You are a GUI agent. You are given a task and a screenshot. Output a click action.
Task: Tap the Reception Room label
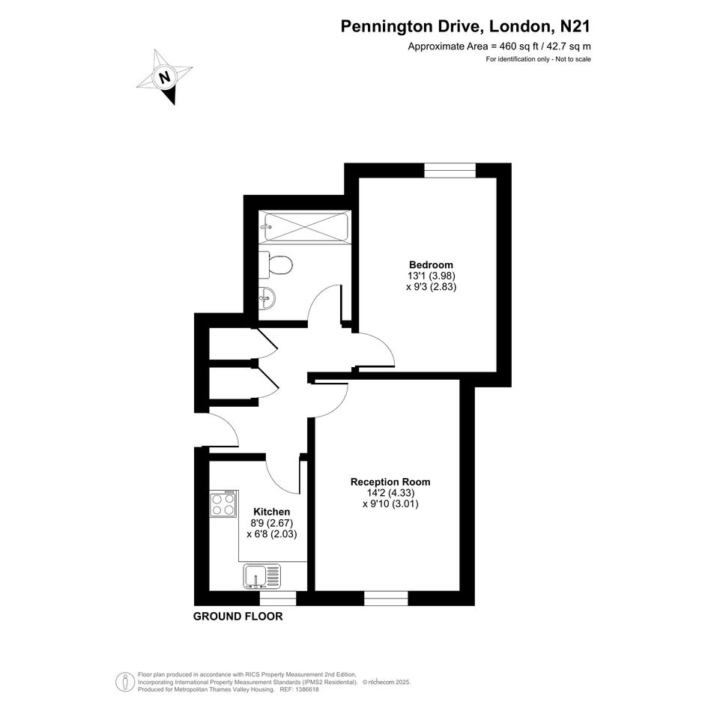tap(390, 482)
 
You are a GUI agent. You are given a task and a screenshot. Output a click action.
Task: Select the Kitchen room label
tap(271, 512)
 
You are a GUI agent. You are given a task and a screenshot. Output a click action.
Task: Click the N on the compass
tap(166, 77)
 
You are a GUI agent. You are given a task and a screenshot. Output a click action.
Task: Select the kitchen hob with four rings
tap(223, 504)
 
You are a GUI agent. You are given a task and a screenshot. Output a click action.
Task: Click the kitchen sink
tap(262, 577)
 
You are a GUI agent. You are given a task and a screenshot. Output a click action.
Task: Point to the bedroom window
tap(450, 170)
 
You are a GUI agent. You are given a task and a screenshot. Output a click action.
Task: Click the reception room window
tap(386, 598)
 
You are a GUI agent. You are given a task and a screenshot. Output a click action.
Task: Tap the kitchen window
tap(278, 598)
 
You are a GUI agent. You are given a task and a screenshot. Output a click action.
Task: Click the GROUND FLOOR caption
tap(238, 617)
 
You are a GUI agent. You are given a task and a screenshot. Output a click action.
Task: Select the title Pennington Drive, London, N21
tap(465, 26)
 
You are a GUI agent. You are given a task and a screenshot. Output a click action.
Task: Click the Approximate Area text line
tap(500, 46)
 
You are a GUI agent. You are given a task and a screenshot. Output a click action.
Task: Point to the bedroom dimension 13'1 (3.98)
tap(432, 276)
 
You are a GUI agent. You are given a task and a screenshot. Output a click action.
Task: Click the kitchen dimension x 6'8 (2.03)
tap(272, 534)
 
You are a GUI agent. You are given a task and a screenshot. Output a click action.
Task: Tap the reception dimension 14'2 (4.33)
tap(390, 493)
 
